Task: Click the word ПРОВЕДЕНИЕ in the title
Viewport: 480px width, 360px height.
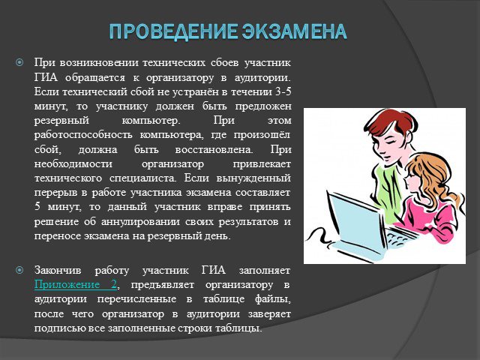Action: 173,31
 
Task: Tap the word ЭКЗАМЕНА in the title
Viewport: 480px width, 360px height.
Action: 294,31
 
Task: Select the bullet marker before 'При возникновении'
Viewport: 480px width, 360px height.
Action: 19,63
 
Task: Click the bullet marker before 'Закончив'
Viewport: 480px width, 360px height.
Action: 19,270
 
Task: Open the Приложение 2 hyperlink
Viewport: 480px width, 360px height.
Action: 76,285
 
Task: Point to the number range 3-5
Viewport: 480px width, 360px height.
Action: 283,91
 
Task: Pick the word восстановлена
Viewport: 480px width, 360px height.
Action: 214,149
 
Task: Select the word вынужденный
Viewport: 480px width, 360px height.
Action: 253,178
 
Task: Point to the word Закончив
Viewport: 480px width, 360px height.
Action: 58,270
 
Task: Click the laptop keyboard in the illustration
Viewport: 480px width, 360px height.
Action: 398,236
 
